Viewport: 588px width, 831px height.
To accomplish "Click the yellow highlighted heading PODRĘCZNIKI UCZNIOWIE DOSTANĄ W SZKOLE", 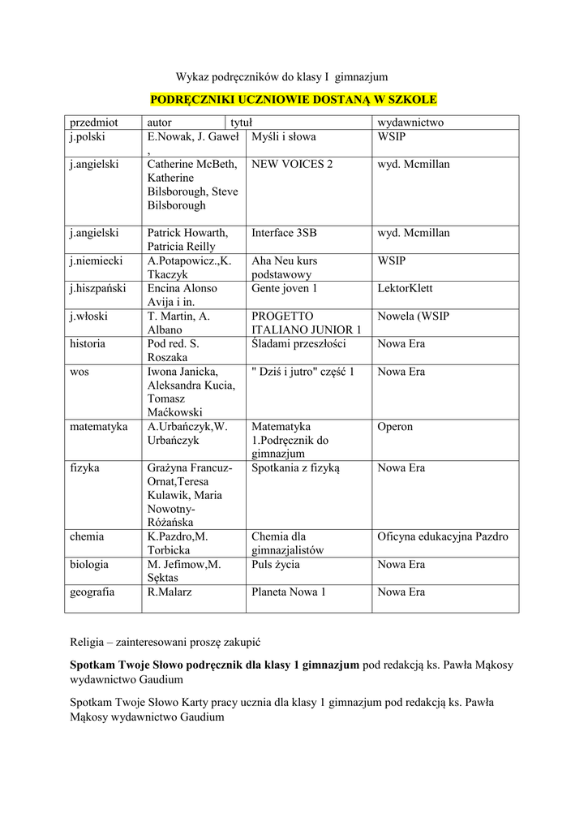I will (294, 100).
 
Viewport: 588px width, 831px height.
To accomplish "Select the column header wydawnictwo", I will (410, 123).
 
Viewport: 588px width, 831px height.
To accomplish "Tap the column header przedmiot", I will (93, 123).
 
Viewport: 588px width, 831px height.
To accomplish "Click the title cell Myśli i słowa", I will (284, 137).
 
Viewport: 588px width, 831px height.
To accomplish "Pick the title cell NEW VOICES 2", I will (292, 165).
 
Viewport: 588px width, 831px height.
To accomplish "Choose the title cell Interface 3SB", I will (284, 234).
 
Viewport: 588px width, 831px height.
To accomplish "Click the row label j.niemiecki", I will (96, 261).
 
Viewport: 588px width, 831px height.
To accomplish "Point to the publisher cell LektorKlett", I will (405, 289).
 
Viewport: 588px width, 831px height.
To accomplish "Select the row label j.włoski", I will (88, 316).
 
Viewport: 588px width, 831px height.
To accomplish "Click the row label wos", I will (79, 372).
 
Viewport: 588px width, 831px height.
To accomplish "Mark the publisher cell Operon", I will (395, 427).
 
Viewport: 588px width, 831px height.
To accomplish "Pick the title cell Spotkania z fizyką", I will (295, 468).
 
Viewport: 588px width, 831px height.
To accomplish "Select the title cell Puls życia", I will (276, 565).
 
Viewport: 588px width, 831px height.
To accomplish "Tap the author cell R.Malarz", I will (168, 592).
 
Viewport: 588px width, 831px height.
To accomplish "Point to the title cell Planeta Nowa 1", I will (289, 592).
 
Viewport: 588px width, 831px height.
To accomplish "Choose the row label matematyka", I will (98, 427).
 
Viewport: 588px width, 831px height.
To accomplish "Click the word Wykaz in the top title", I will (192, 77).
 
